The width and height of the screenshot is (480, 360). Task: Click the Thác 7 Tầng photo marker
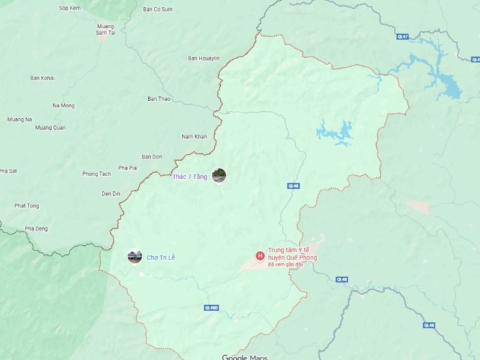point(219,176)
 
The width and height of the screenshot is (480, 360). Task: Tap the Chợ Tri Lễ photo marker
point(134,257)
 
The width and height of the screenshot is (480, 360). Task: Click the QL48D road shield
point(211,308)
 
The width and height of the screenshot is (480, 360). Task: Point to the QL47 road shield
point(386,37)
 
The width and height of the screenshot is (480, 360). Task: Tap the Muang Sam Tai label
point(105,29)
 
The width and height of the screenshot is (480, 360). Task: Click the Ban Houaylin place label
point(204,58)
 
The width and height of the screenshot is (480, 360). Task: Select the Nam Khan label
point(194,137)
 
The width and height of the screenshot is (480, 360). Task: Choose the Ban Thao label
point(159,99)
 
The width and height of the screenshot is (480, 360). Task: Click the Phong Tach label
point(97,174)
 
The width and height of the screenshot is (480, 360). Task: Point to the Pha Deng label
point(37,229)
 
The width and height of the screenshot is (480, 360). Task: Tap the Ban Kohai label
point(43,78)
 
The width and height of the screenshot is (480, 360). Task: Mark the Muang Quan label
point(50,127)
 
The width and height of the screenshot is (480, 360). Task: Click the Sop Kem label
point(70,8)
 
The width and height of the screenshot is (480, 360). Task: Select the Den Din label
point(111,193)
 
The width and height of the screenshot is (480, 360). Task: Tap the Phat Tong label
point(27,206)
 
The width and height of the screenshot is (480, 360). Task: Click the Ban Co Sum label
point(158,10)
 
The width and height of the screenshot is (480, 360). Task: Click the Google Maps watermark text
point(244,358)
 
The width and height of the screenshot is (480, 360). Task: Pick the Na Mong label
point(64,106)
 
